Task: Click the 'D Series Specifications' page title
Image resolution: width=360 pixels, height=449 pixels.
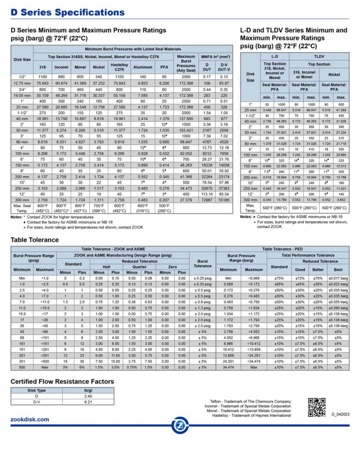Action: coord(68,13)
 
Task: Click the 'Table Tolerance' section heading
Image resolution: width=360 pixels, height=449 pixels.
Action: coord(35,240)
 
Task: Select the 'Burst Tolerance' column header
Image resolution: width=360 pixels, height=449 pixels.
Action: coord(202,264)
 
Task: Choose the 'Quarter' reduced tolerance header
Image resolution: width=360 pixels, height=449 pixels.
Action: coord(139,267)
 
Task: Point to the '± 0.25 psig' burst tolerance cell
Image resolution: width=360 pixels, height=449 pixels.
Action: coord(202,278)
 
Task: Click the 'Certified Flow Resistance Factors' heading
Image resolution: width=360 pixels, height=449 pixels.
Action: coord(62,381)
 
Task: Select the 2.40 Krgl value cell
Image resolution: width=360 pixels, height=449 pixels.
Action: coord(88,396)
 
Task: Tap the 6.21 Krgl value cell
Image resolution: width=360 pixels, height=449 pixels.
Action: coord(88,402)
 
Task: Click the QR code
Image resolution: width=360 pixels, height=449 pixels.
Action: coord(317,407)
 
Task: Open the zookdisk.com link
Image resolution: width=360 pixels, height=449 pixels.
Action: coord(30,420)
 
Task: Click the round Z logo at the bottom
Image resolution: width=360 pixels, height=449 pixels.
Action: coord(180,425)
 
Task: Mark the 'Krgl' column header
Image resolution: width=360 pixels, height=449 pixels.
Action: coord(88,390)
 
